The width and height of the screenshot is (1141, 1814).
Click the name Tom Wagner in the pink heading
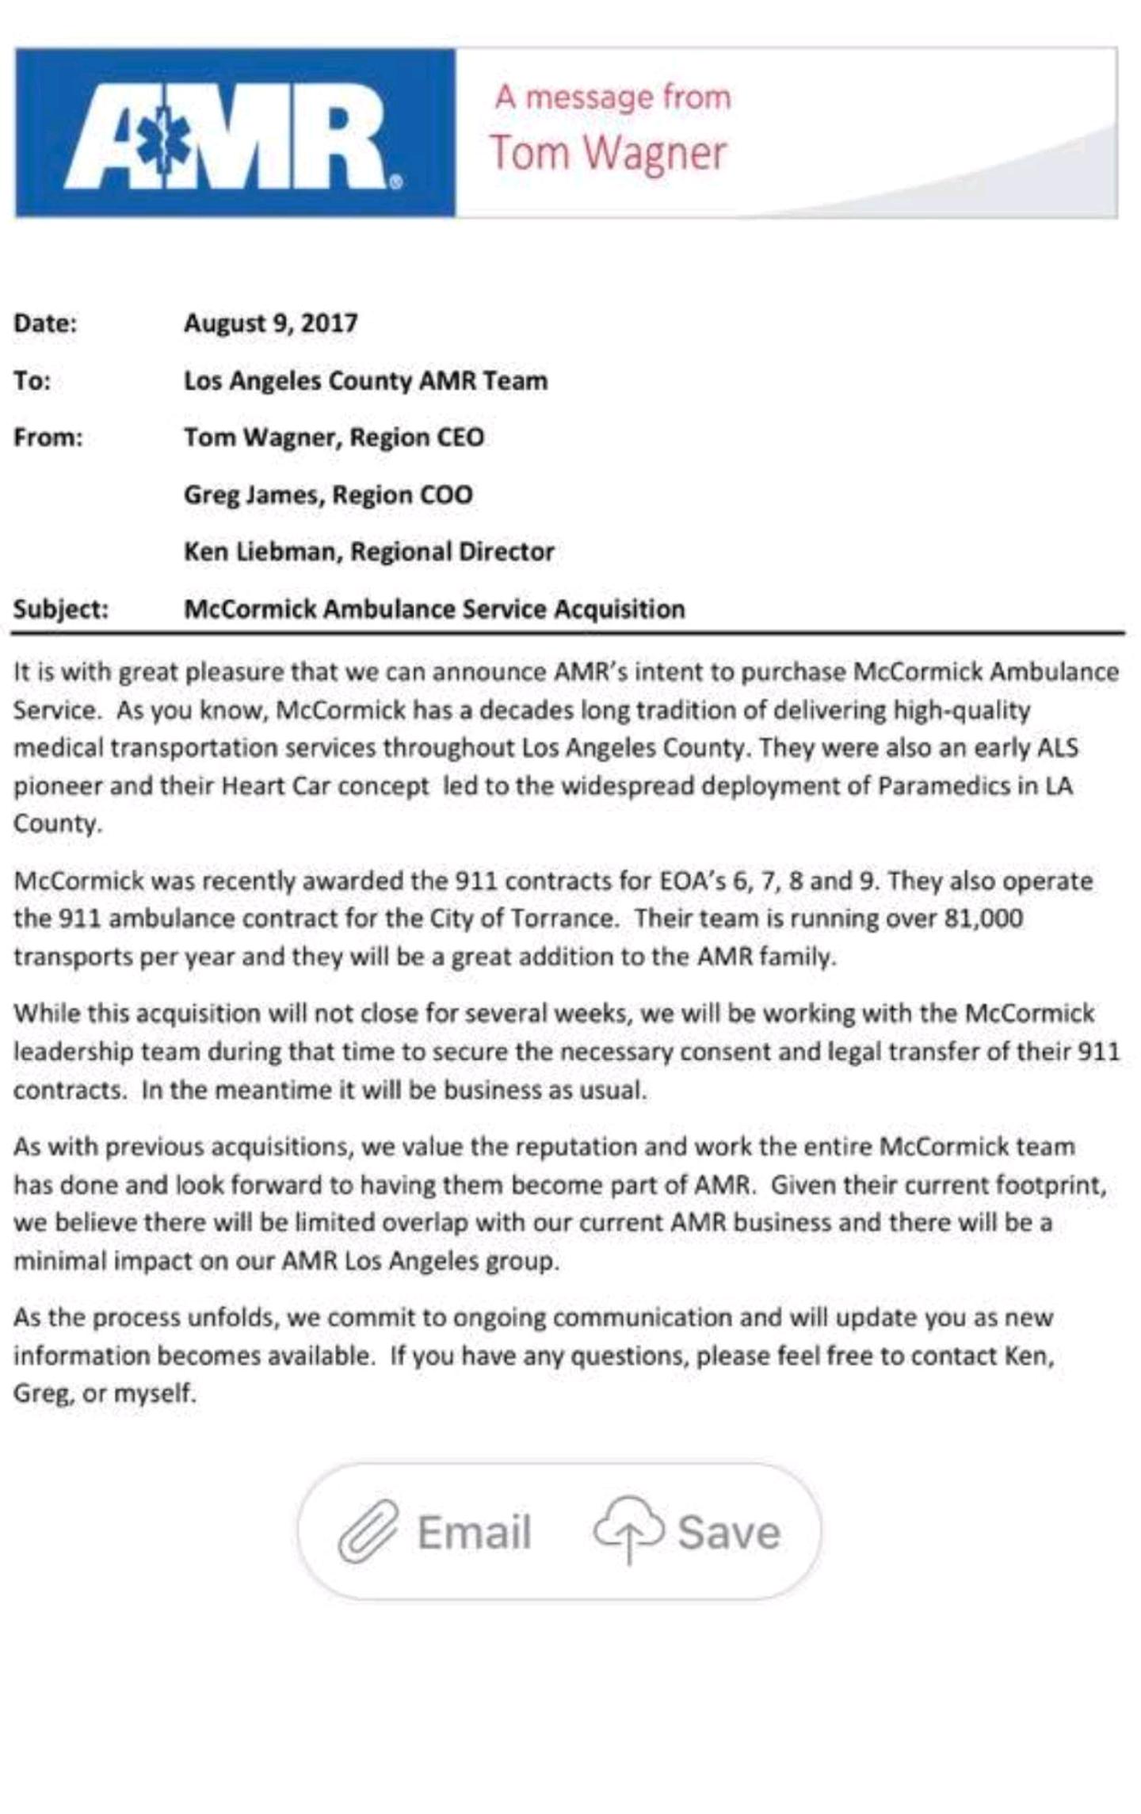point(608,152)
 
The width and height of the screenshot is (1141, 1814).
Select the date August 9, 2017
point(271,323)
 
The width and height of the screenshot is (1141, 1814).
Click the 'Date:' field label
point(45,323)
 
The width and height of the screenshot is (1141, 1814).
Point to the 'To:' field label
point(32,380)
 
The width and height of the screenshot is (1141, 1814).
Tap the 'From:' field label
point(48,437)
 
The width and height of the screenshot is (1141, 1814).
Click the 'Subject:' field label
point(60,609)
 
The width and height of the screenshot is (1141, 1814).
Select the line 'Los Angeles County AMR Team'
point(365,380)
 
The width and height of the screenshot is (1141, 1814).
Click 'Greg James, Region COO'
point(328,495)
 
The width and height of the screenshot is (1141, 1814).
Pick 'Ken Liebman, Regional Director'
point(368,552)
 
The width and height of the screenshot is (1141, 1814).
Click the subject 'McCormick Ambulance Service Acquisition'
point(434,609)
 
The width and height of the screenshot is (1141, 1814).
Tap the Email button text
point(474,1532)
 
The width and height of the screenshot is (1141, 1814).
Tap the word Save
point(729,1532)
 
